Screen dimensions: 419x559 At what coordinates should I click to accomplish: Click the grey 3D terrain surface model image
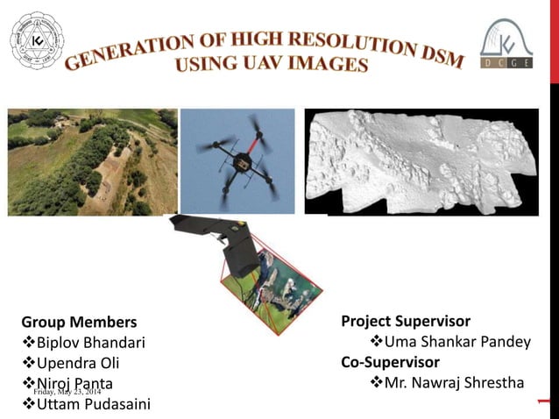421,161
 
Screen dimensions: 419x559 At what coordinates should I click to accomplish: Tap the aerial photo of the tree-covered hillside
91,161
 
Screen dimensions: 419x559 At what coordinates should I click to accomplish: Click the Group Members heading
79,322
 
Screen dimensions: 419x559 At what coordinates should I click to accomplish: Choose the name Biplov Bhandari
90,342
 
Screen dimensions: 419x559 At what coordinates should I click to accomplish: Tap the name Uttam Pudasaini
93,403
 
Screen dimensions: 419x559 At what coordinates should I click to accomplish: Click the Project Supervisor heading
406,321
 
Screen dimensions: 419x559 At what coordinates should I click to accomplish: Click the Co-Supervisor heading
390,361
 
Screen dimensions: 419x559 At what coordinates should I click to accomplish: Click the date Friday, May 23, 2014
74,391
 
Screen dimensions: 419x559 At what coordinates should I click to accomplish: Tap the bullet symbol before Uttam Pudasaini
27,403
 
